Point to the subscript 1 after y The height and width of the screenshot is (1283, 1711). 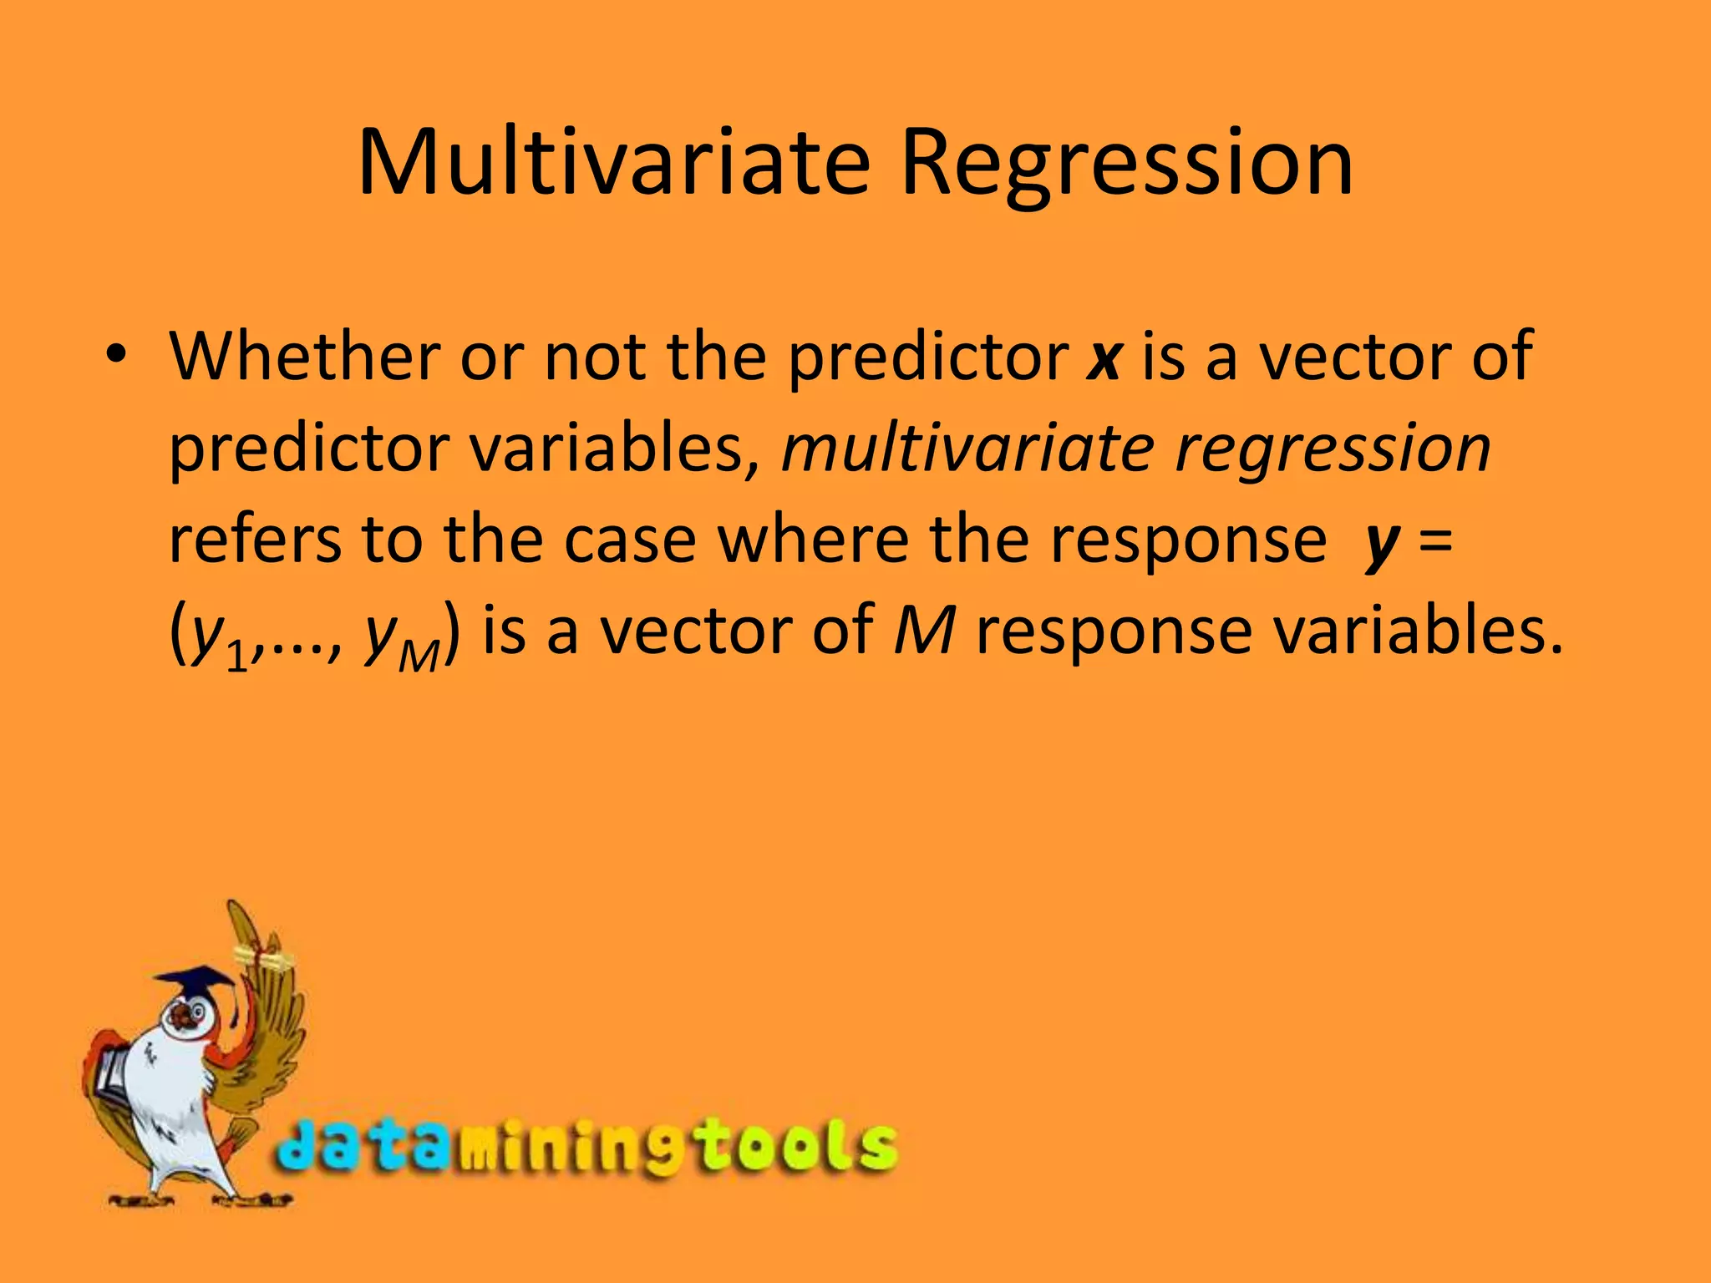click(238, 656)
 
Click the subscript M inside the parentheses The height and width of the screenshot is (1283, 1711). click(419, 657)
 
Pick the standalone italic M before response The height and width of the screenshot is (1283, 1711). click(923, 631)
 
